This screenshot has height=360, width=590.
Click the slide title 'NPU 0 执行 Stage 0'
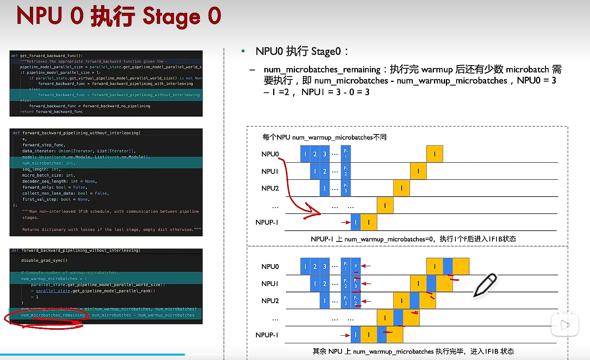pyautogui.click(x=119, y=16)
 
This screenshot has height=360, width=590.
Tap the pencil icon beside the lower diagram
pyautogui.click(x=485, y=285)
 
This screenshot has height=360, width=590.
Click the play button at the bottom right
pyautogui.click(x=565, y=325)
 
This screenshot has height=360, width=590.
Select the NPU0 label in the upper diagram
pyautogui.click(x=270, y=154)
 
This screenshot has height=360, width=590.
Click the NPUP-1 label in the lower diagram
pyautogui.click(x=267, y=335)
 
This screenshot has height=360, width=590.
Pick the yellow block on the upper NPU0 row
pyautogui.click(x=434, y=154)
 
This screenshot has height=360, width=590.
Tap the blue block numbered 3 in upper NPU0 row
pyautogui.click(x=324, y=154)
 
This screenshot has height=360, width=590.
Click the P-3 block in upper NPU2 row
pyautogui.click(x=346, y=188)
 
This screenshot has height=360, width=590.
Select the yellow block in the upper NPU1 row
pyautogui.click(x=418, y=171)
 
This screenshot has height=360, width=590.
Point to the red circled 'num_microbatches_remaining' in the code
pyautogui.click(x=53, y=315)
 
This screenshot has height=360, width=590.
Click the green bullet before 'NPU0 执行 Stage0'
pyautogui.click(x=243, y=51)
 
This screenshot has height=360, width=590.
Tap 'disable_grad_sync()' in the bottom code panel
pyautogui.click(x=44, y=260)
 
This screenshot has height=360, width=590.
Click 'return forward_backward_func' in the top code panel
pyautogui.click(x=51, y=111)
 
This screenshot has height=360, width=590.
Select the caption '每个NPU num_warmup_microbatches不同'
pyautogui.click(x=324, y=137)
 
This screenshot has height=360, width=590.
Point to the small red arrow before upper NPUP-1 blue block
pyautogui.click(x=345, y=222)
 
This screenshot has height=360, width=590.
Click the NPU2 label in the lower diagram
pyautogui.click(x=270, y=301)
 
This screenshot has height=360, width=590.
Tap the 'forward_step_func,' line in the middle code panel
pyautogui.click(x=44, y=145)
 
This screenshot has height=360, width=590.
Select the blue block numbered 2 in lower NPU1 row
pyautogui.click(x=324, y=284)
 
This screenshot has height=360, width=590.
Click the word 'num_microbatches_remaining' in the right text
pyautogui.click(x=322, y=70)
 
